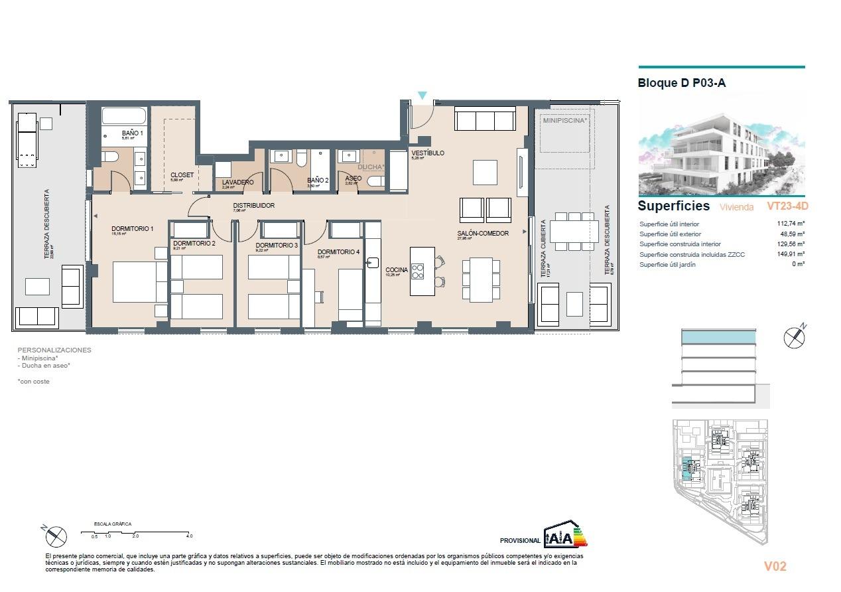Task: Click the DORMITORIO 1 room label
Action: [x=132, y=229]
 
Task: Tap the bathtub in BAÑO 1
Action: [x=123, y=116]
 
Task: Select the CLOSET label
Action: [x=182, y=175]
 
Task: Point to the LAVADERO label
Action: [x=237, y=182]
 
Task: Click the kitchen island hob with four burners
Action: [x=418, y=271]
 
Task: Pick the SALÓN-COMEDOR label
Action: [x=482, y=234]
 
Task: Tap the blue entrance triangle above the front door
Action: [x=422, y=96]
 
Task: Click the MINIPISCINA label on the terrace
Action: [x=565, y=121]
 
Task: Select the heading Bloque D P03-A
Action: [x=681, y=84]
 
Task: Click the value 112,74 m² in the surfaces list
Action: [x=791, y=224]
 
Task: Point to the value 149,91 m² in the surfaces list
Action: [x=791, y=254]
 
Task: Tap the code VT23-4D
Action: [x=787, y=206]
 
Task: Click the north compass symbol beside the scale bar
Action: [x=56, y=536]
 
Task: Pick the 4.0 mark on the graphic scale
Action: [x=189, y=536]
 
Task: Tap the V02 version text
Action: [x=775, y=566]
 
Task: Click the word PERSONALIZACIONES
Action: [x=54, y=350]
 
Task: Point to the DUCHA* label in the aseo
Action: [x=371, y=167]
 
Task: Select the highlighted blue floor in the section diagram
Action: [x=718, y=337]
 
